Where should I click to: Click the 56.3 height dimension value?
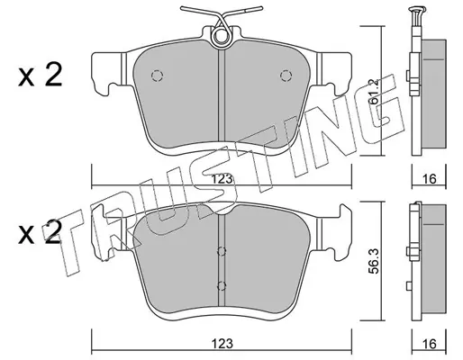(374, 260)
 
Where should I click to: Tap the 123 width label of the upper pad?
(222, 179)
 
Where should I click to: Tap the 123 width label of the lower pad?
(222, 344)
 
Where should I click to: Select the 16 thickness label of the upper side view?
(430, 179)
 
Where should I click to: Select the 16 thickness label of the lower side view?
(430, 344)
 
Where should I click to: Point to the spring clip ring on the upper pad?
(222, 36)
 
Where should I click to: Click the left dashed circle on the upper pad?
(157, 76)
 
